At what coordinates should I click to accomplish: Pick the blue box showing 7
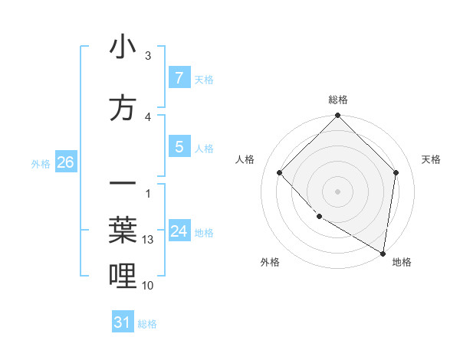tap(179, 77)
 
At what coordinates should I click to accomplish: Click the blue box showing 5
tap(179, 147)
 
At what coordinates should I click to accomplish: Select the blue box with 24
tap(179, 231)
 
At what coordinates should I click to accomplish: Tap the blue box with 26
tap(65, 162)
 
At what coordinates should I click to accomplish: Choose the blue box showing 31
tap(123, 322)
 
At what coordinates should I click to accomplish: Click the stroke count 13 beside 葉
tap(149, 240)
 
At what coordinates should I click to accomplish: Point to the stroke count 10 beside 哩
tap(149, 286)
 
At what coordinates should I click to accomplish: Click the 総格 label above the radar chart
tap(337, 100)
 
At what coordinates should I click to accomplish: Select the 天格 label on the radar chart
tap(431, 159)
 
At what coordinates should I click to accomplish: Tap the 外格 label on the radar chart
tap(270, 262)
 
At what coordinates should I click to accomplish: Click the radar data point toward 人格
tap(280, 173)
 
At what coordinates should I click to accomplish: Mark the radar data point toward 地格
tap(383, 253)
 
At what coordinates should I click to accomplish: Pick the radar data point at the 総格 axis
tap(337, 116)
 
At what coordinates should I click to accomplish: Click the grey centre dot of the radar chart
tap(337, 191)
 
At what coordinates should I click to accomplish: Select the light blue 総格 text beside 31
tap(147, 323)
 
